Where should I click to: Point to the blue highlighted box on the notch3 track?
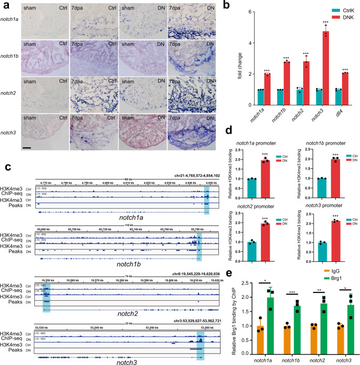pyautogui.click(x=201, y=343)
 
